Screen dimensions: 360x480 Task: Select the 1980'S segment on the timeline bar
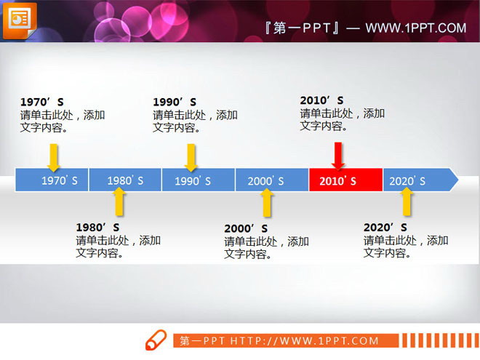[125, 180]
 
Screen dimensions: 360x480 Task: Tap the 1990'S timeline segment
[198, 180]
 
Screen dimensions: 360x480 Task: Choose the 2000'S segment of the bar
[271, 180]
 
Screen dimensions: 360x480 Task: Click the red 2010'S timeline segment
[345, 180]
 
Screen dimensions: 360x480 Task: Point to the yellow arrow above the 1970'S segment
[53, 156]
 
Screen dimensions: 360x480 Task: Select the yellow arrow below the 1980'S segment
[120, 201]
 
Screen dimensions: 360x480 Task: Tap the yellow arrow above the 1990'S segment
[191, 156]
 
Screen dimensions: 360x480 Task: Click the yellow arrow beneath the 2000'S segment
[267, 202]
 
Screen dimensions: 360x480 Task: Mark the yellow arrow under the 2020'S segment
[407, 201]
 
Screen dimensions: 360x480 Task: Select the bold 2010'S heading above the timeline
[321, 100]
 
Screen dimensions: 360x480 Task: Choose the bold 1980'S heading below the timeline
[97, 228]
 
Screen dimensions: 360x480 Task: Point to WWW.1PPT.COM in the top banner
[415, 28]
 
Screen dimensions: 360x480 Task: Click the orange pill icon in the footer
[156, 341]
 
